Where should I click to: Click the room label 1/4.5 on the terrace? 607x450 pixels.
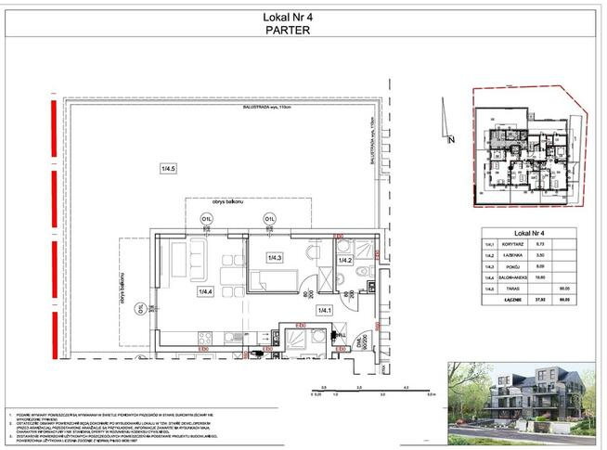(168, 168)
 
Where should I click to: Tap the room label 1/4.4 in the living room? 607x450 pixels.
(205, 291)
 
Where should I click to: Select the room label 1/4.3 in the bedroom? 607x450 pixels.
(275, 257)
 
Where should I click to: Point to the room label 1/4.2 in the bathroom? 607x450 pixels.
(345, 261)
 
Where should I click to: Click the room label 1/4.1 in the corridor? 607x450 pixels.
(324, 310)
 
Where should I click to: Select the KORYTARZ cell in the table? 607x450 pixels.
(515, 246)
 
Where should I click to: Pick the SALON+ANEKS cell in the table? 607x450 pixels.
(518, 277)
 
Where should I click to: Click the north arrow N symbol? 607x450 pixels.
(451, 140)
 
